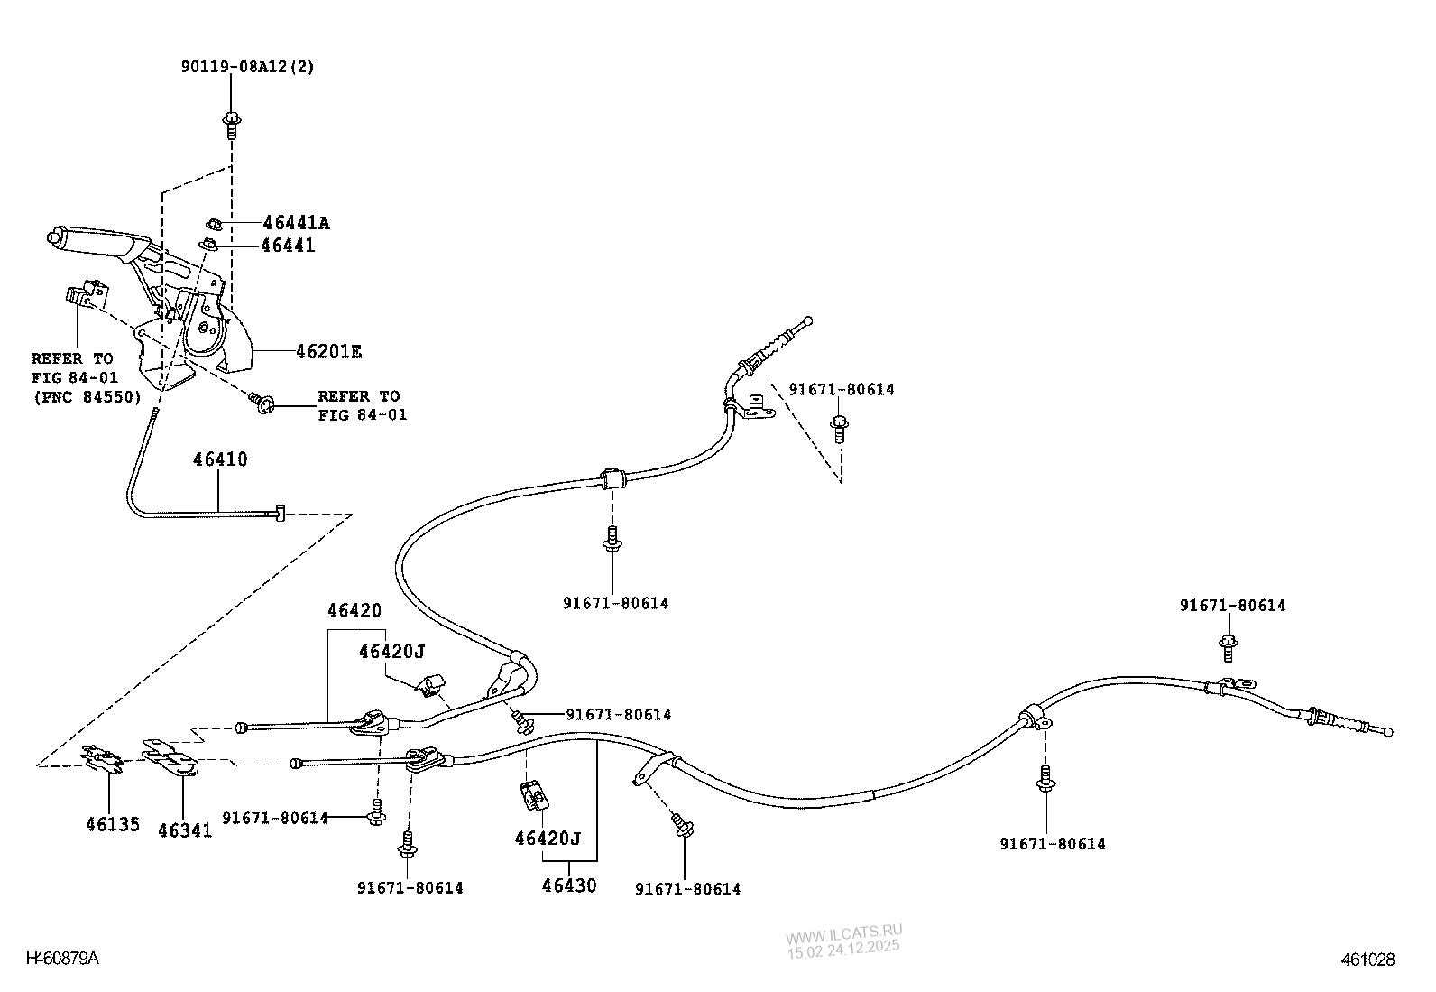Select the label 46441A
coord(296,223)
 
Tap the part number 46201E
coord(328,352)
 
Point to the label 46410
coord(220,459)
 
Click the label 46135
coord(113,824)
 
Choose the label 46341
coord(185,830)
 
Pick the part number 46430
coord(569,885)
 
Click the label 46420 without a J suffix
coord(354,611)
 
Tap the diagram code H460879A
coord(62,958)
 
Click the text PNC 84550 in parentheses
coord(87,396)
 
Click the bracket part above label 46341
coord(171,758)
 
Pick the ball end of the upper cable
coord(808,320)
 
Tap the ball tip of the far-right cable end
coord(1388,732)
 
